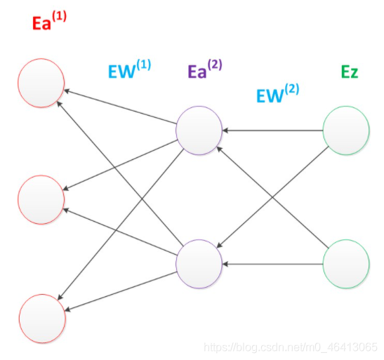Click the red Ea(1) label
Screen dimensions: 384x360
(x=49, y=21)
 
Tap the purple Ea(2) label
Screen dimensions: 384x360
(x=205, y=69)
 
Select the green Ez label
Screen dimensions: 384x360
(x=350, y=72)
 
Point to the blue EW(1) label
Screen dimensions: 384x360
(x=129, y=69)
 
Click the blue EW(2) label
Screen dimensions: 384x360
(x=277, y=93)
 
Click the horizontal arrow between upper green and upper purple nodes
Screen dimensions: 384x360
(x=272, y=131)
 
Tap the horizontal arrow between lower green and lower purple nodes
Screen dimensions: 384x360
(x=272, y=264)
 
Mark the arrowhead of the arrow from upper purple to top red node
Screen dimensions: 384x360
(x=67, y=91)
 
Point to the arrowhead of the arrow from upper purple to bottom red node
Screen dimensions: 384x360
(x=60, y=297)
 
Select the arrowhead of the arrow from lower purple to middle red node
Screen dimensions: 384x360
(x=66, y=211)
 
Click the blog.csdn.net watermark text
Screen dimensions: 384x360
(x=291, y=347)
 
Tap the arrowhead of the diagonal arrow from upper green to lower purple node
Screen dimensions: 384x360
(x=220, y=245)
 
